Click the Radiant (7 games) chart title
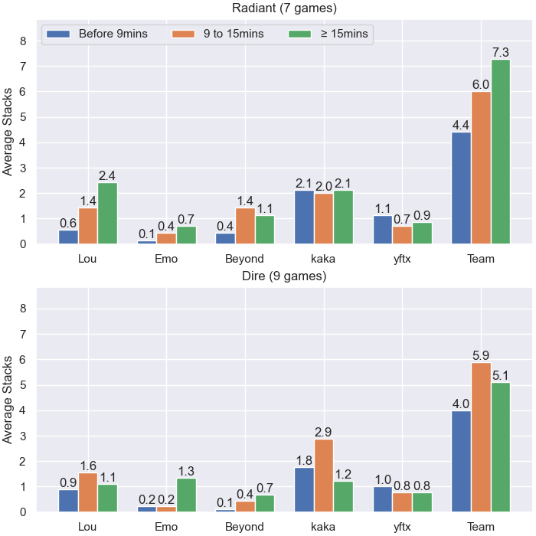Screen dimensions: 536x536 284,8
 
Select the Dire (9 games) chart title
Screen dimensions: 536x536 284,276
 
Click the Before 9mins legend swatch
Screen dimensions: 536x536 58,34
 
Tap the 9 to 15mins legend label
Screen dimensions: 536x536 234,34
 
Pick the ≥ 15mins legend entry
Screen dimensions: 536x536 328,34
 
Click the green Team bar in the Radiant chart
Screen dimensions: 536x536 501,152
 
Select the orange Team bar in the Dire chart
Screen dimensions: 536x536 481,437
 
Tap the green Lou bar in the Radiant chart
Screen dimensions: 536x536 107,214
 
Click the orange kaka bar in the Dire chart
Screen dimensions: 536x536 324,476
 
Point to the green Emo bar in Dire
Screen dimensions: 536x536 186,495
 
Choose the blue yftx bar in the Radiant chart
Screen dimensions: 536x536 383,230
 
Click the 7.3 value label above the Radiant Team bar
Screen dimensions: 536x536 501,52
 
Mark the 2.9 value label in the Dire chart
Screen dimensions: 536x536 323,432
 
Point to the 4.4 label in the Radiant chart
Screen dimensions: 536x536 461,125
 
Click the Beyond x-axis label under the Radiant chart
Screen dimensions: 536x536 244,259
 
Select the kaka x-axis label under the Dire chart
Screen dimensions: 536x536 323,527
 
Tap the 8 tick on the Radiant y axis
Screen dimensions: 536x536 23,41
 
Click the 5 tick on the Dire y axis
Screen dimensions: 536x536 23,385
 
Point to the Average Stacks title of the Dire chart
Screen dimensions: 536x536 7,400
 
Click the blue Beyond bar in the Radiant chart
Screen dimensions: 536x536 225,239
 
